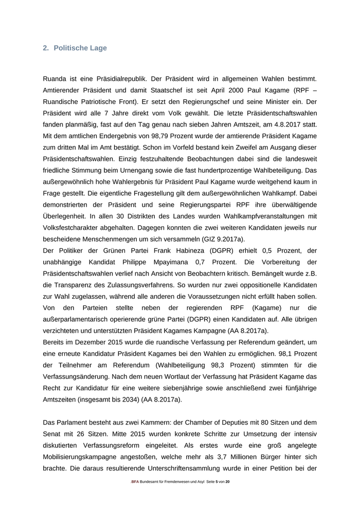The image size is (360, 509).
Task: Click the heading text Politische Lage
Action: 80,48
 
